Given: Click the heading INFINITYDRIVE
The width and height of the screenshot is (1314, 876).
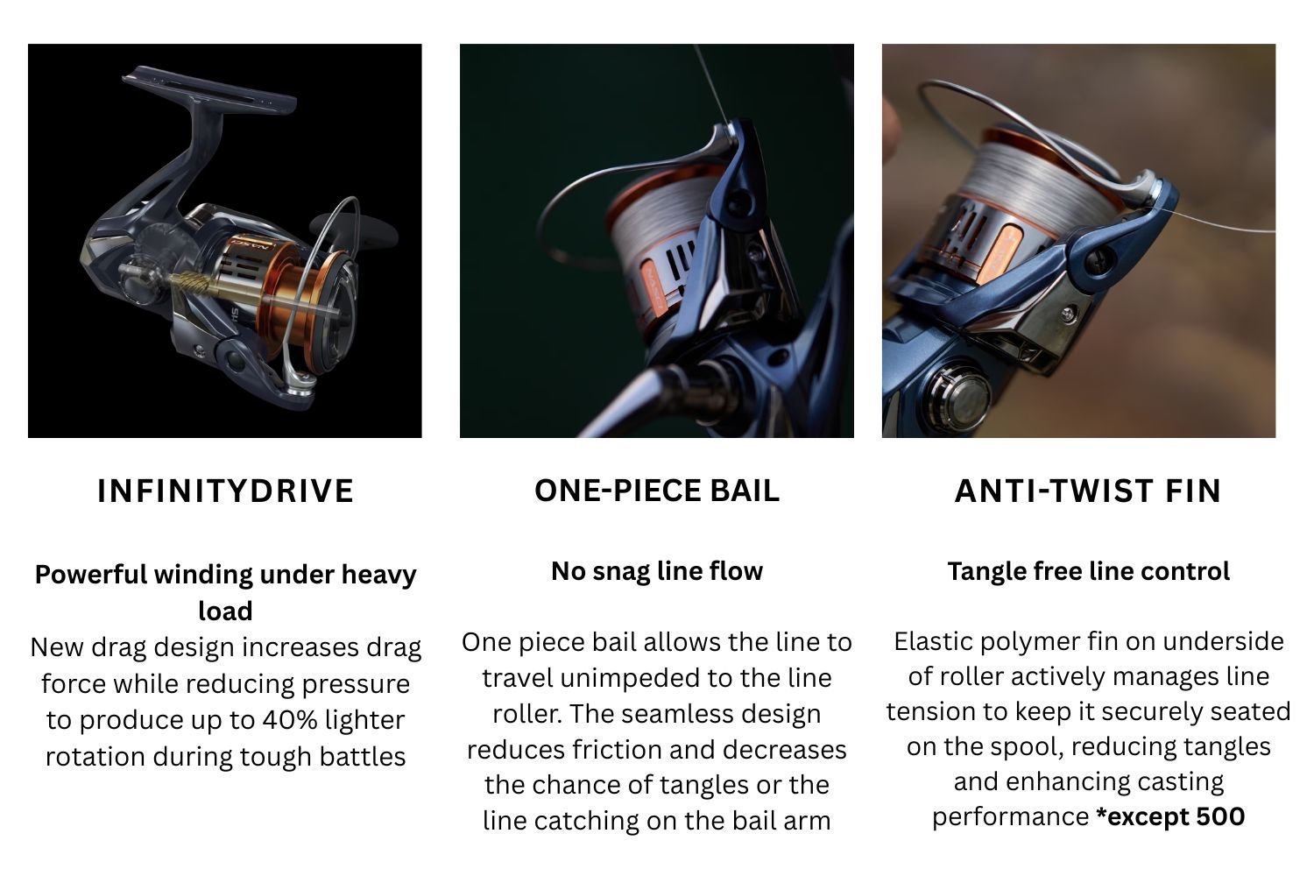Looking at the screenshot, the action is [x=225, y=491].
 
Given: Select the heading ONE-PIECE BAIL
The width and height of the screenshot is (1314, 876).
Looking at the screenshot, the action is [x=657, y=491].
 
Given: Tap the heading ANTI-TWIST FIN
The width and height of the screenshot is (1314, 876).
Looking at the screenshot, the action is [x=1088, y=491].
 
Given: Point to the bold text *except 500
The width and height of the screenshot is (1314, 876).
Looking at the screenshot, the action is [x=1170, y=816].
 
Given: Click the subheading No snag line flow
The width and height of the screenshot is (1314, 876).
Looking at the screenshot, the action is [x=657, y=571].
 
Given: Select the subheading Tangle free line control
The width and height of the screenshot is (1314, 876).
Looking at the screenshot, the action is [x=1089, y=571].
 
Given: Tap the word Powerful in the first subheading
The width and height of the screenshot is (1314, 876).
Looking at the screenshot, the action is [x=91, y=575].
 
